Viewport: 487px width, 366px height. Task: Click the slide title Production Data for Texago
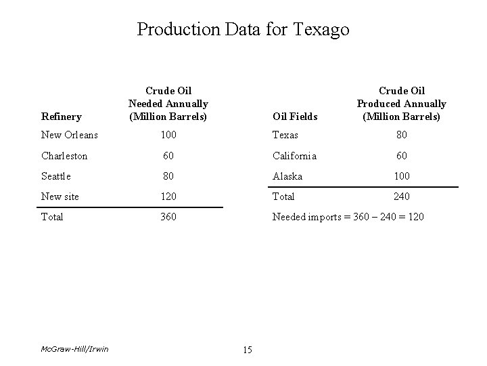tap(243, 30)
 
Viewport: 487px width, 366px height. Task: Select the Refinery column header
tap(61, 117)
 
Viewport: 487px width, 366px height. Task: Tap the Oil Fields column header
tap(294, 117)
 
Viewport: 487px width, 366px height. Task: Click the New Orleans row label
tap(70, 135)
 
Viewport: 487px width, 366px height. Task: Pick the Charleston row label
tap(64, 155)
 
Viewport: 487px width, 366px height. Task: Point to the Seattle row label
tap(56, 176)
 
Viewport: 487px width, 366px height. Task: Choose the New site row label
tap(60, 197)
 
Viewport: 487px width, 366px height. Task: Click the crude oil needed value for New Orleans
tap(168, 135)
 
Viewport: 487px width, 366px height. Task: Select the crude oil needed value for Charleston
tap(168, 155)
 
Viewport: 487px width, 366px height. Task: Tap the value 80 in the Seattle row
tap(168, 176)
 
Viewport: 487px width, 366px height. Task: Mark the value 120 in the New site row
tap(168, 197)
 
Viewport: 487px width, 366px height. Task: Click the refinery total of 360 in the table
tap(168, 217)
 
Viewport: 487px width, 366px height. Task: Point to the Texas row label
tap(285, 135)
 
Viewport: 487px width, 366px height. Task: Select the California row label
tap(294, 155)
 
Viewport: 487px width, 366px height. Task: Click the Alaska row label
tap(287, 176)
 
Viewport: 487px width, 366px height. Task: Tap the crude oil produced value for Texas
tap(402, 135)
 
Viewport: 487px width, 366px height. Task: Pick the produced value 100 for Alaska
tap(402, 176)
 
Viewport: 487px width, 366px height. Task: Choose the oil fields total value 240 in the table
tap(402, 197)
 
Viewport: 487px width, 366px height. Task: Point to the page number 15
tap(247, 350)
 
